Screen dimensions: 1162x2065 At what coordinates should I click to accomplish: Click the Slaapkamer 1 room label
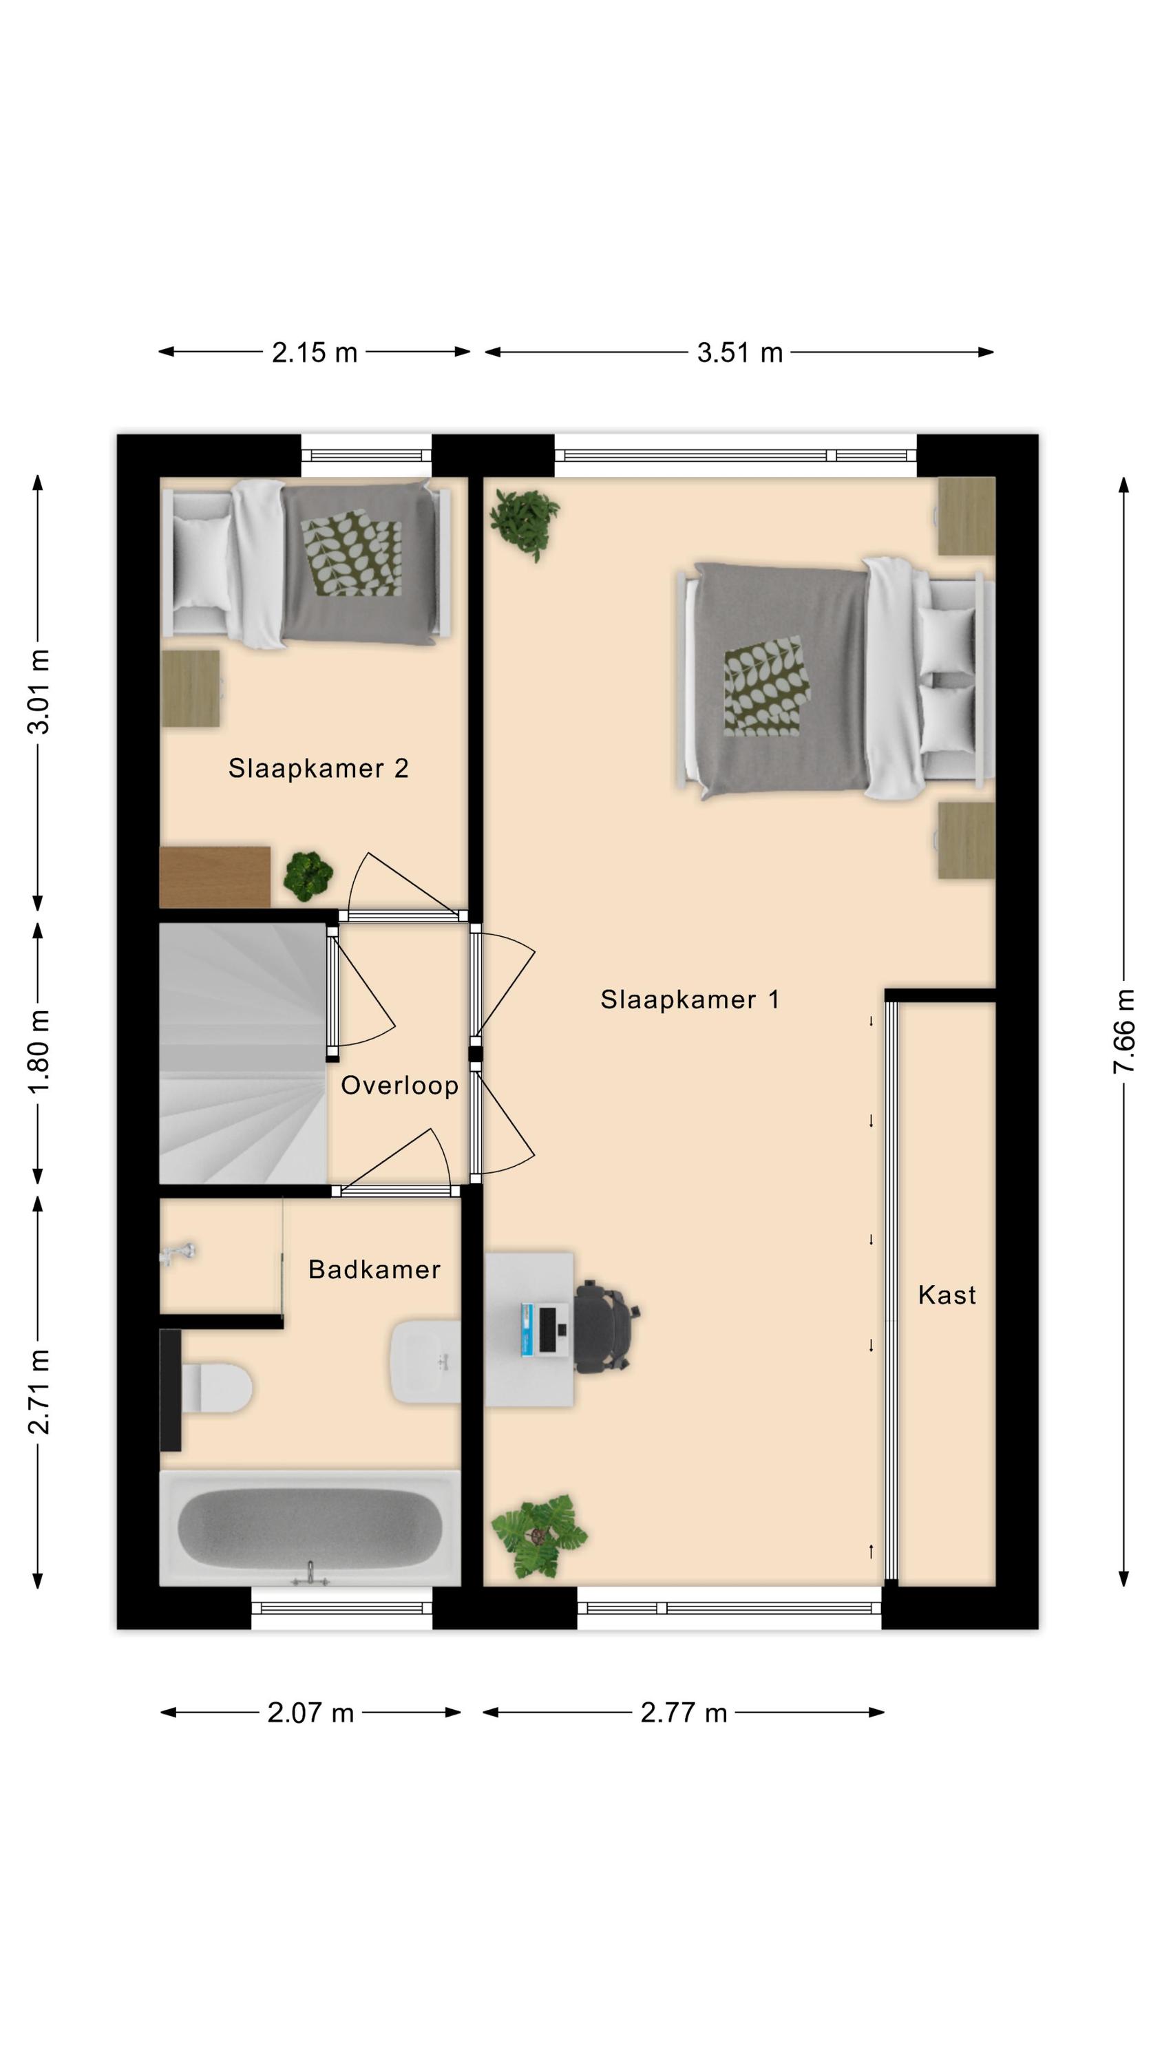[x=690, y=999]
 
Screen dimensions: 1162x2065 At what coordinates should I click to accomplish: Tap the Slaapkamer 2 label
[x=318, y=769]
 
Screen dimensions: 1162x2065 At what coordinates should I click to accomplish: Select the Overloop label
[x=399, y=1086]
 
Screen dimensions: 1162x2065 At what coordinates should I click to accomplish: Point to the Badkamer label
[x=374, y=1270]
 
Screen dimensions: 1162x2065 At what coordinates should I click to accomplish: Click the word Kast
[x=947, y=1295]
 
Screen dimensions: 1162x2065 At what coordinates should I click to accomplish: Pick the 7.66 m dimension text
[x=1123, y=1032]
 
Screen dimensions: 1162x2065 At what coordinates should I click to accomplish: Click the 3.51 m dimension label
[x=739, y=352]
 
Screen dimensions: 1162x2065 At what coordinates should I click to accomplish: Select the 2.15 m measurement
[x=315, y=352]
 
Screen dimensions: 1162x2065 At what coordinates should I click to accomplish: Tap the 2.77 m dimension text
[x=684, y=1713]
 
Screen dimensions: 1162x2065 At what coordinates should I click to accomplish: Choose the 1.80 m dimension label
[x=39, y=1052]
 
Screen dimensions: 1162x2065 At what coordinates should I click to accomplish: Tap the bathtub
[x=310, y=1528]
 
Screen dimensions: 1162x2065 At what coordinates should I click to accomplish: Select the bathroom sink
[x=426, y=1362]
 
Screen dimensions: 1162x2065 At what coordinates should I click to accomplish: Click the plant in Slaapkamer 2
[x=308, y=876]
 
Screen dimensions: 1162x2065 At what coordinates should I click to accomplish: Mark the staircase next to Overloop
[x=243, y=1053]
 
